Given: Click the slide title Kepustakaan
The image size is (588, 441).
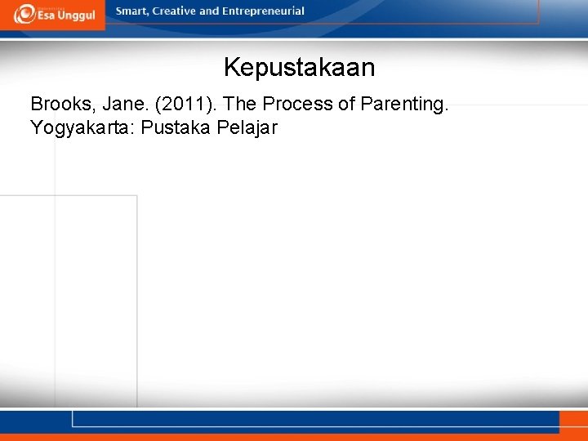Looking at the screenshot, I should tap(299, 67).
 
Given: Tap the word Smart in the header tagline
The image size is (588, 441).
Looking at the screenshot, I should tap(133, 11).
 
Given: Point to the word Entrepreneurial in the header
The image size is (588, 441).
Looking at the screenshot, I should tap(262, 11).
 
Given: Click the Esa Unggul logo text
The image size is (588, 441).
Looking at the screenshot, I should tap(66, 16).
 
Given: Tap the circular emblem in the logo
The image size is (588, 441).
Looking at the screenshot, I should tap(24, 13).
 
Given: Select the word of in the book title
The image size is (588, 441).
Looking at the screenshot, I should tap(345, 105).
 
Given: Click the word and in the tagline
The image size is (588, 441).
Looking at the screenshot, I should tap(210, 11).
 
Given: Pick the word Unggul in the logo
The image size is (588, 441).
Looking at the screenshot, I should tap(77, 16).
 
